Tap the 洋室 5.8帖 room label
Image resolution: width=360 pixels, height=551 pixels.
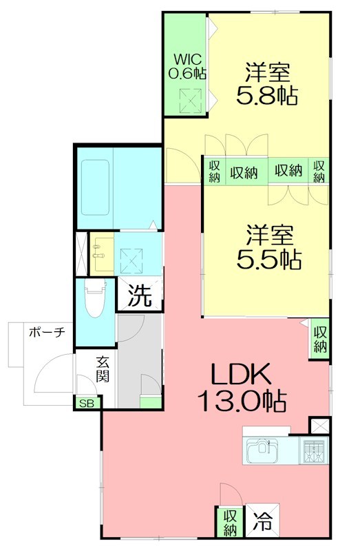click(x=267, y=83)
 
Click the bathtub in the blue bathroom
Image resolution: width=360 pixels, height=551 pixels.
click(x=94, y=187)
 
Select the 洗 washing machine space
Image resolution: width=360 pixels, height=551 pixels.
click(x=140, y=295)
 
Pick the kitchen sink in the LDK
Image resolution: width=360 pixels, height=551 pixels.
click(x=261, y=451)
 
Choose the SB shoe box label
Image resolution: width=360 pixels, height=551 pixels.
click(x=87, y=404)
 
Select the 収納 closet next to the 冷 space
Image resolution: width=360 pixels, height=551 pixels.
click(x=229, y=521)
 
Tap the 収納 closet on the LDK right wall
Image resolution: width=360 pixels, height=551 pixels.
click(x=321, y=337)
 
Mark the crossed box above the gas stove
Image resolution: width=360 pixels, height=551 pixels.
click(x=320, y=426)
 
